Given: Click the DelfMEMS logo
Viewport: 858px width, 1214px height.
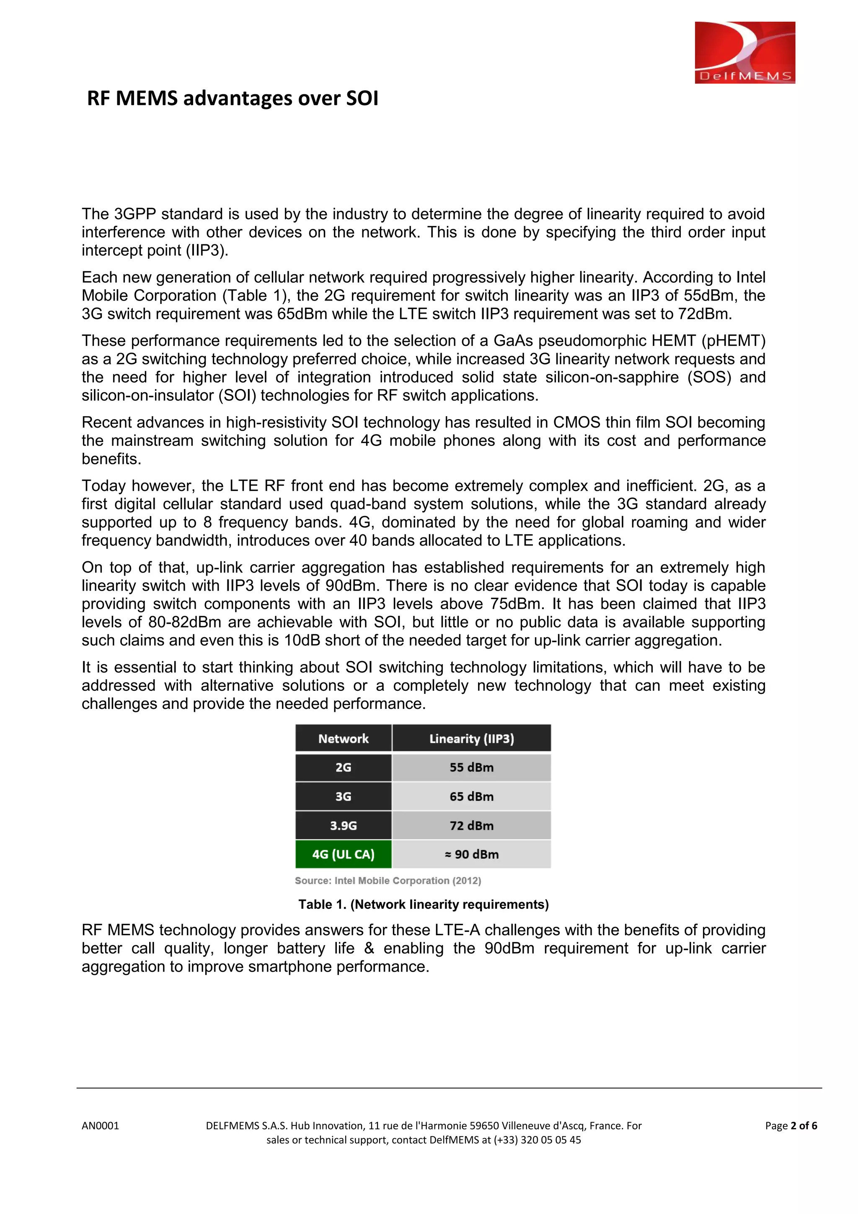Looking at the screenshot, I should [x=744, y=52].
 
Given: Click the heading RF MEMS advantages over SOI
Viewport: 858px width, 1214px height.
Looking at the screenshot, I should [x=233, y=99].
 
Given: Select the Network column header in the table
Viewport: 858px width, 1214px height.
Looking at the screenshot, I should [x=344, y=739].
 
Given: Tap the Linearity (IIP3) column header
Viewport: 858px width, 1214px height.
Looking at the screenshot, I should [x=471, y=739].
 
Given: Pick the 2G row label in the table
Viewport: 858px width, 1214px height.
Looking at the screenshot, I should [x=344, y=767].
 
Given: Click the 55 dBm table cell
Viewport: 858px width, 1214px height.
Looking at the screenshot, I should [x=471, y=767].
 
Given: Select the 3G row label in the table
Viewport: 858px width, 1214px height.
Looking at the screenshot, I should [x=344, y=796].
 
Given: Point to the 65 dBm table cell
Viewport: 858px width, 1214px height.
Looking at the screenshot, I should [x=471, y=796].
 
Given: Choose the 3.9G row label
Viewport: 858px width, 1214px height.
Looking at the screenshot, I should [x=344, y=825].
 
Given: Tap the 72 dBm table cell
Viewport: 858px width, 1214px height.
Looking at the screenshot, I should [x=471, y=825].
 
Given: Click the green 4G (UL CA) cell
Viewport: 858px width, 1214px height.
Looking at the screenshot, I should [x=344, y=854].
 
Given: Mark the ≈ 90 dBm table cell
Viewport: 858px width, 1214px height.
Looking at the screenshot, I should [x=471, y=854].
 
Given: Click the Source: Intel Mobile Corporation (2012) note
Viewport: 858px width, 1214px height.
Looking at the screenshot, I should [x=388, y=880].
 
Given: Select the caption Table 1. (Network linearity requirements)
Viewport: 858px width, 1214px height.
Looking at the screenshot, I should [x=423, y=904].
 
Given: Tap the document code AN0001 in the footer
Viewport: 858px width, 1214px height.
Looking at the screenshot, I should [x=101, y=1126].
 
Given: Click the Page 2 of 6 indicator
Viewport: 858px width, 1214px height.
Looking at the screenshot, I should [x=791, y=1126].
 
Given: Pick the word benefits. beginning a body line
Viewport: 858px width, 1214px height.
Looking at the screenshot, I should [x=111, y=459].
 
